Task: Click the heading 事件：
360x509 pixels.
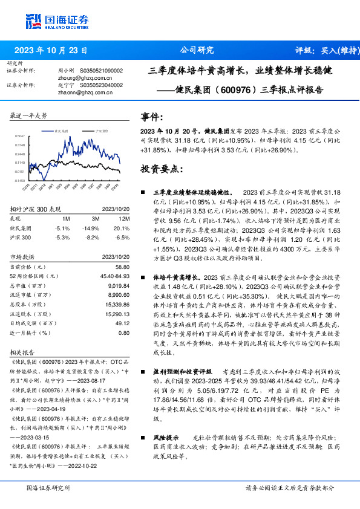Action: pyautogui.click(x=151, y=117)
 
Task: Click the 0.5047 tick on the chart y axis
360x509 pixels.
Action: pyautogui.click(x=20, y=137)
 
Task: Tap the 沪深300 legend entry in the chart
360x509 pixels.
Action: pyautogui.click(x=102, y=130)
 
